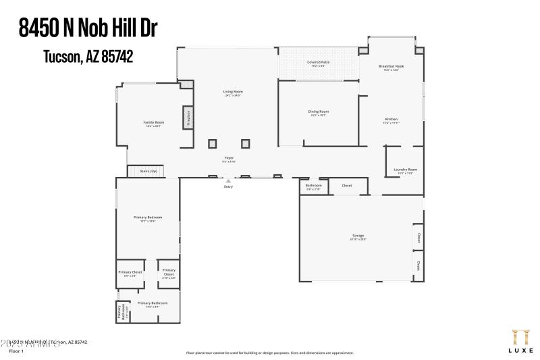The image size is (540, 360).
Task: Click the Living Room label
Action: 233,92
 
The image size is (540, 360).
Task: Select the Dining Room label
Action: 318,111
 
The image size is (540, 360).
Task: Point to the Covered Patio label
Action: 318,62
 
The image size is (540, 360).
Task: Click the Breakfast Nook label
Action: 391,66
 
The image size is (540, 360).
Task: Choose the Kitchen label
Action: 391,119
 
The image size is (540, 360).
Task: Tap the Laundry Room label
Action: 406,170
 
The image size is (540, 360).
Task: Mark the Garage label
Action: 358,236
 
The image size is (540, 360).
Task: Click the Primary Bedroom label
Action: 148,217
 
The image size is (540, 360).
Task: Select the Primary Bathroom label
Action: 153,303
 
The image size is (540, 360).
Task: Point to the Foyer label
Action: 230,158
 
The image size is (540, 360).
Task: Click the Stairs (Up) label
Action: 148,172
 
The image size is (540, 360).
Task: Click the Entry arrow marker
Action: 228,181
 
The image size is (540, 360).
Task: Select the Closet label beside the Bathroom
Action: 346,185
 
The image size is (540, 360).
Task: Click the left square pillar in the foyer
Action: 213,143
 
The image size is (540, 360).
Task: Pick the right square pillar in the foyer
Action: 245,143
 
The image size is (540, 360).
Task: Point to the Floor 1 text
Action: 16,351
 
